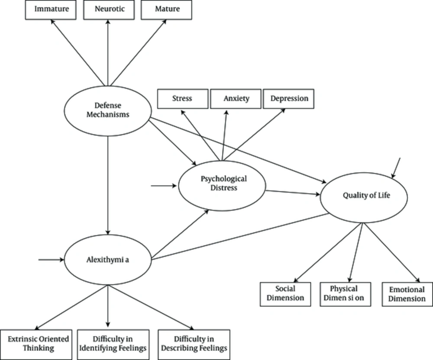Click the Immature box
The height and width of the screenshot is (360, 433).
[x=51, y=10]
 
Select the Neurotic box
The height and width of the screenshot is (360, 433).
[x=109, y=10]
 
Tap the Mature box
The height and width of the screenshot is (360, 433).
[x=167, y=10]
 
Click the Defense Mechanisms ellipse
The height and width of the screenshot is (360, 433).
[x=108, y=111]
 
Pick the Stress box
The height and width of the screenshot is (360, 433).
[x=183, y=99]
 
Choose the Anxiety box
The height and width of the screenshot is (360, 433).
[x=236, y=99]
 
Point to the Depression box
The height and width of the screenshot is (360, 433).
[x=288, y=99]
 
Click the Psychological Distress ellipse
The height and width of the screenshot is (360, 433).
[x=222, y=186]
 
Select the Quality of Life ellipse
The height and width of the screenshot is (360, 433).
[x=364, y=197]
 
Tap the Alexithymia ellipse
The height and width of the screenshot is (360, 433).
[x=108, y=260]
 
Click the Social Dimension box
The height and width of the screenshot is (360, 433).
[x=285, y=294]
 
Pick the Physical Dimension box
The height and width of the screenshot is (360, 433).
[x=346, y=294]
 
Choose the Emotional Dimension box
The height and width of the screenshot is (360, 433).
[x=407, y=294]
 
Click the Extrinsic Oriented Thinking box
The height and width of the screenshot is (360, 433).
[x=36, y=344]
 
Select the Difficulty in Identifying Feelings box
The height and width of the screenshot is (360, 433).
[x=113, y=344]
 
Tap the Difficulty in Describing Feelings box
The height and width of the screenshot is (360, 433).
[x=194, y=344]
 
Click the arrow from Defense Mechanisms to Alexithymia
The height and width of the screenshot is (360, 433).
[x=108, y=185]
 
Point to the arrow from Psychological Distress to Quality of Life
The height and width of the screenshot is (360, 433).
[x=293, y=193]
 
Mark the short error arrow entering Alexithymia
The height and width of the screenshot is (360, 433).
[x=52, y=260]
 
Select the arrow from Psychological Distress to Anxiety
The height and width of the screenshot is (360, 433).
[x=224, y=135]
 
